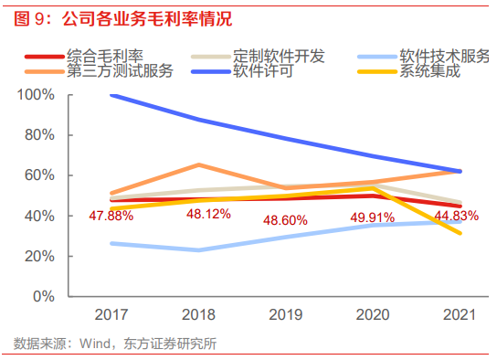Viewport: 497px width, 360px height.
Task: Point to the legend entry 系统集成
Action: (429, 71)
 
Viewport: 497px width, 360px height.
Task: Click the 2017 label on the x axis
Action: (111, 313)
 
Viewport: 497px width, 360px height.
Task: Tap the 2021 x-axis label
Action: (460, 313)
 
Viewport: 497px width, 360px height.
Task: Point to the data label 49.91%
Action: (374, 217)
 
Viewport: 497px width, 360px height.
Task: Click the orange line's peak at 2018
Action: (199, 165)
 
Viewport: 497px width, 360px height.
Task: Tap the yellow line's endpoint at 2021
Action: (460, 233)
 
